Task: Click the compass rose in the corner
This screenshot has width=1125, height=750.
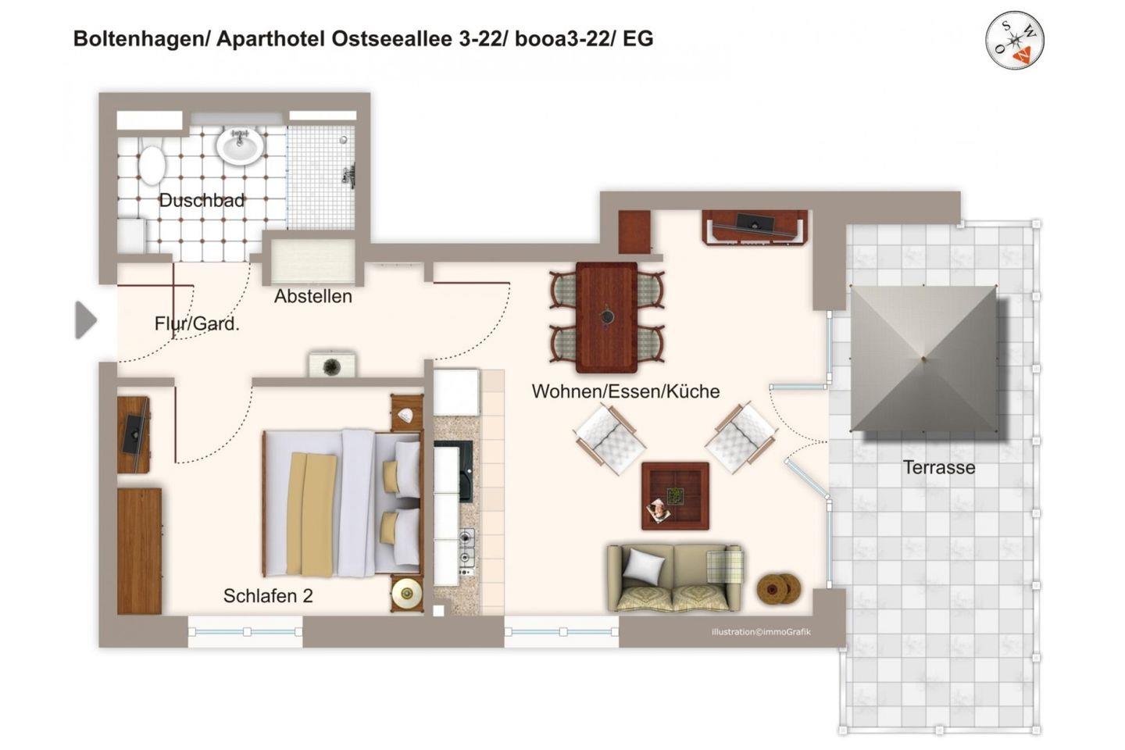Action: click(x=1015, y=40)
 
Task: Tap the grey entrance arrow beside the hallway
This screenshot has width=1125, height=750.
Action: click(x=86, y=320)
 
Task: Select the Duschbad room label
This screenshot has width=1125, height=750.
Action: click(x=202, y=201)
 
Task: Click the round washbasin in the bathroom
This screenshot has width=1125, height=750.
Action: click(x=240, y=145)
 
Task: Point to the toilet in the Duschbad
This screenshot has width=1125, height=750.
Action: click(x=152, y=164)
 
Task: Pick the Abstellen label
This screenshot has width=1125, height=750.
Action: click(x=312, y=296)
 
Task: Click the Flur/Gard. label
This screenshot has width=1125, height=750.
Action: click(x=197, y=324)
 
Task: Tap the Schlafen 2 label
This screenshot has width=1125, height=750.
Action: click(x=268, y=596)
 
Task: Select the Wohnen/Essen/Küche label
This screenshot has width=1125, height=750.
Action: click(x=626, y=391)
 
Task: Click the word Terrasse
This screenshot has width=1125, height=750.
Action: click(x=939, y=468)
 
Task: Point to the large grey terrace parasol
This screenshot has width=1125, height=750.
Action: click(x=923, y=359)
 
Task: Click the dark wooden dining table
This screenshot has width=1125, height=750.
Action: click(x=607, y=317)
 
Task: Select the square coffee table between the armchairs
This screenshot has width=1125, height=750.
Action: click(x=675, y=496)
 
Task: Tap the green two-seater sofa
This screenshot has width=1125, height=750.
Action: click(x=674, y=577)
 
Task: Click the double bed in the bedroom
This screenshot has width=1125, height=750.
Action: click(x=342, y=503)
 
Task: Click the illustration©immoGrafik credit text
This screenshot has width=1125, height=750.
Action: click(x=761, y=632)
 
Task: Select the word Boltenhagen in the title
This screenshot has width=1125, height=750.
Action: click(x=140, y=39)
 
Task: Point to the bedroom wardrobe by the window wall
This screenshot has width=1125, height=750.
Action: click(x=139, y=551)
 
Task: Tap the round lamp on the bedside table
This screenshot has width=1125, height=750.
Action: click(x=406, y=594)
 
